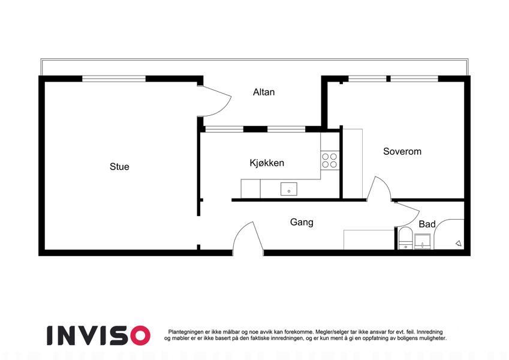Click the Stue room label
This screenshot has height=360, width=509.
[119, 167]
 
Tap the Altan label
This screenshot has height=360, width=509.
[264, 92]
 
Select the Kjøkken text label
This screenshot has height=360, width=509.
[267, 163]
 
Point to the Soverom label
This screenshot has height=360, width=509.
[402, 151]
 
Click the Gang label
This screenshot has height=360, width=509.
[302, 222]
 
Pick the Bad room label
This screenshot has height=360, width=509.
[427, 224]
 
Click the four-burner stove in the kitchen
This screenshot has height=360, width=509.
[330, 161]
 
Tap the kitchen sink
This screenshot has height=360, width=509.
[289, 189]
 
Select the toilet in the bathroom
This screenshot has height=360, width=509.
[405, 238]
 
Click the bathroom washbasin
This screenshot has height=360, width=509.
[422, 241]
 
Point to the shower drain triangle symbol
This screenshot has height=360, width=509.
[459, 243]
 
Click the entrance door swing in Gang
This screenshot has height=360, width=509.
[248, 237]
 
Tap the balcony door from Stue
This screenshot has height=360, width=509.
[214, 100]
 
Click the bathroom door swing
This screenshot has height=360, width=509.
[408, 214]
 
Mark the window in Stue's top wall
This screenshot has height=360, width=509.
[114, 79]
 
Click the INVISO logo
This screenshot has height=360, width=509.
[98, 335]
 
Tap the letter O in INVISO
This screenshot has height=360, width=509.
[140, 335]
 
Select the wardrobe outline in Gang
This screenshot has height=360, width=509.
[369, 240]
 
